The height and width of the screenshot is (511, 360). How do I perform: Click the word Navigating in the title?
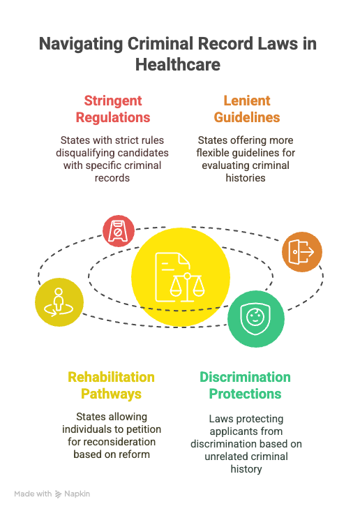click(x=81, y=44)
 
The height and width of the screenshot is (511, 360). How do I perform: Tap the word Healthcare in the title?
click(x=178, y=64)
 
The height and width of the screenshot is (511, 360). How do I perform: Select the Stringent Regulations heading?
click(x=113, y=109)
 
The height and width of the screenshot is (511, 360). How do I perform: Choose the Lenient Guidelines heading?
click(x=247, y=109)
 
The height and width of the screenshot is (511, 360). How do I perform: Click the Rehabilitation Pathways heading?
click(x=111, y=385)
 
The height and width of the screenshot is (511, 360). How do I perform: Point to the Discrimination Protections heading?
click(x=245, y=385)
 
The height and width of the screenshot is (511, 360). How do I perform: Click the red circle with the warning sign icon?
click(x=119, y=231)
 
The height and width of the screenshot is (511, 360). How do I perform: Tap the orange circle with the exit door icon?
click(x=302, y=252)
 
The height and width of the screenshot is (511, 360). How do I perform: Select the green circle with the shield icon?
click(x=256, y=319)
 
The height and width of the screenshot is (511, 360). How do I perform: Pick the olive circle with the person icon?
click(x=59, y=302)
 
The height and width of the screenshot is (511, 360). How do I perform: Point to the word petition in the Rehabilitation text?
click(x=144, y=429)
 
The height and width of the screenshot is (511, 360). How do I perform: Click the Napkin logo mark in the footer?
click(x=59, y=494)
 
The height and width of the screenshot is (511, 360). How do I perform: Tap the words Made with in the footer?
click(x=33, y=494)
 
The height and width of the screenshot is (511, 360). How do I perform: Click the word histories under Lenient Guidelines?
click(x=246, y=178)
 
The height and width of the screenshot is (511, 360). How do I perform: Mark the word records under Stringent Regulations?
click(x=112, y=178)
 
